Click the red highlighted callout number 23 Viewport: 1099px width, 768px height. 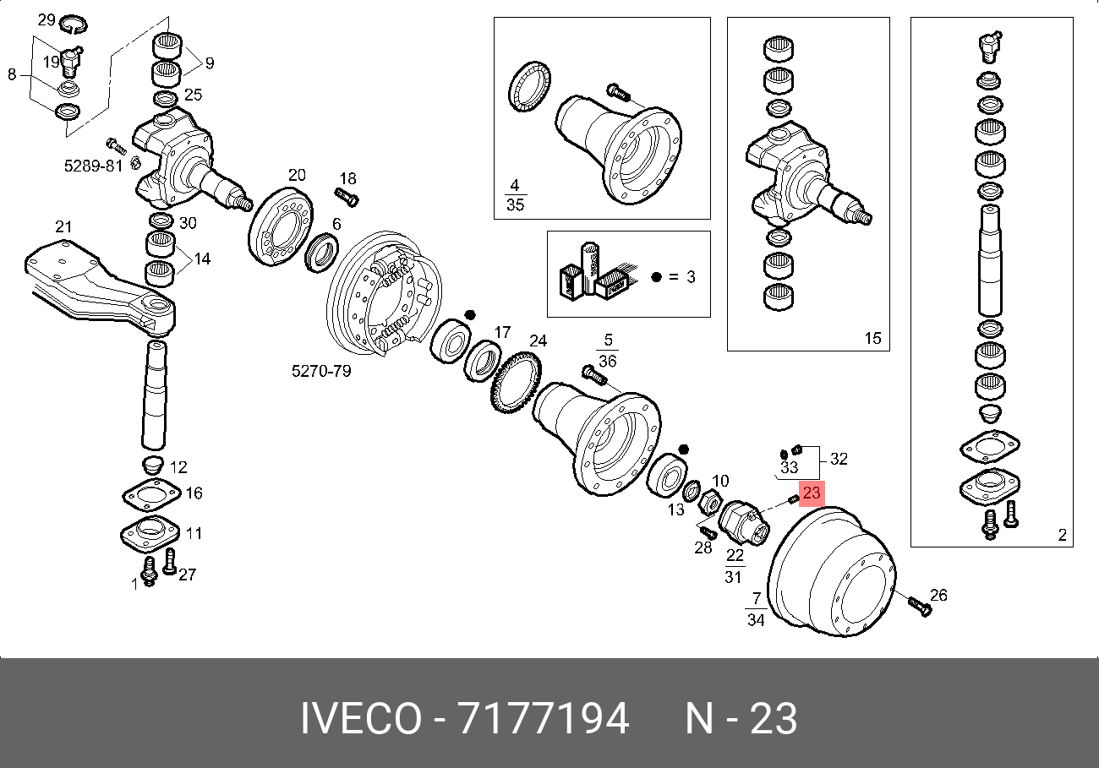tap(812, 493)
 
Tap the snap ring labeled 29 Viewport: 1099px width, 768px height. tap(74, 25)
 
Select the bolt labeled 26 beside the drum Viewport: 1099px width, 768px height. tap(920, 607)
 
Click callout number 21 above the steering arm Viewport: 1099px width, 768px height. tap(63, 226)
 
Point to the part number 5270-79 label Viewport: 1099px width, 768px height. tap(321, 371)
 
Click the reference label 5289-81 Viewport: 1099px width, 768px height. tap(93, 166)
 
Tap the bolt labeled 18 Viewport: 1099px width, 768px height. tap(347, 198)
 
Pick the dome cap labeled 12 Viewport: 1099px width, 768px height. tap(152, 465)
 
